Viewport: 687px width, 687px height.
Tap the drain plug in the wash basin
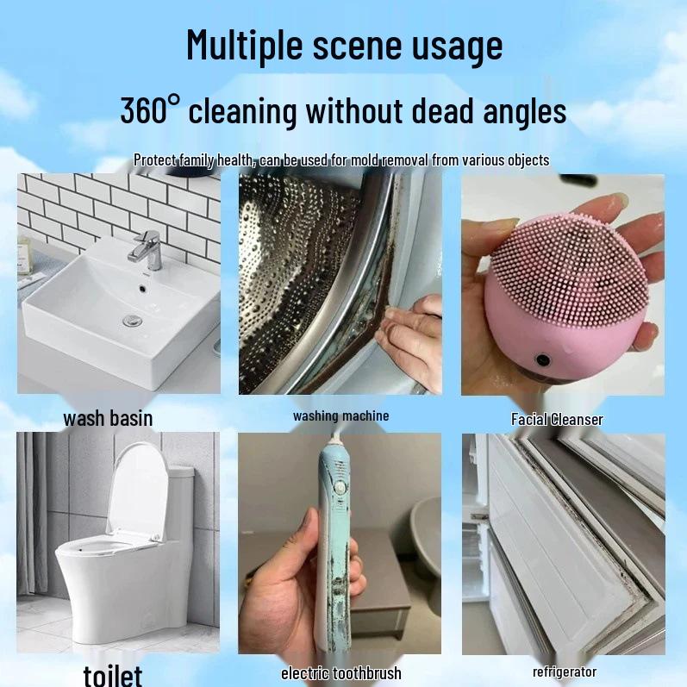pos(131,321)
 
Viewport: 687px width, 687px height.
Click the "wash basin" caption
pos(108,419)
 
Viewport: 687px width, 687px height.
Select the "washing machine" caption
pos(340,415)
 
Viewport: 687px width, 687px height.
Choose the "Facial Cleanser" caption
pos(557,420)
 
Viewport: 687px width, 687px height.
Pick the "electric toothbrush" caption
pos(341,673)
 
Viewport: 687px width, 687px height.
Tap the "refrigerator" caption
pos(564,671)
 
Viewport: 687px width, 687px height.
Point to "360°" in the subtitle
pos(151,111)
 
